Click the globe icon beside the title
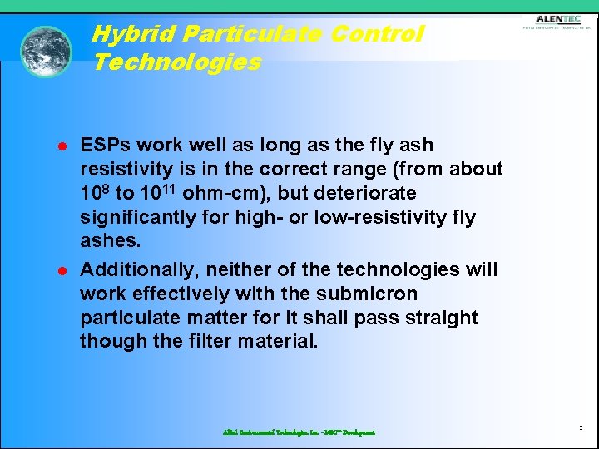click(46, 52)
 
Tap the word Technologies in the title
click(177, 62)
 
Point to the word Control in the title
click(377, 34)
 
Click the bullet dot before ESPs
click(62, 146)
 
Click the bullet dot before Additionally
click(62, 271)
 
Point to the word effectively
click(187, 294)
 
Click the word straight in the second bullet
click(438, 318)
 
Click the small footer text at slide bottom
click(299, 432)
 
